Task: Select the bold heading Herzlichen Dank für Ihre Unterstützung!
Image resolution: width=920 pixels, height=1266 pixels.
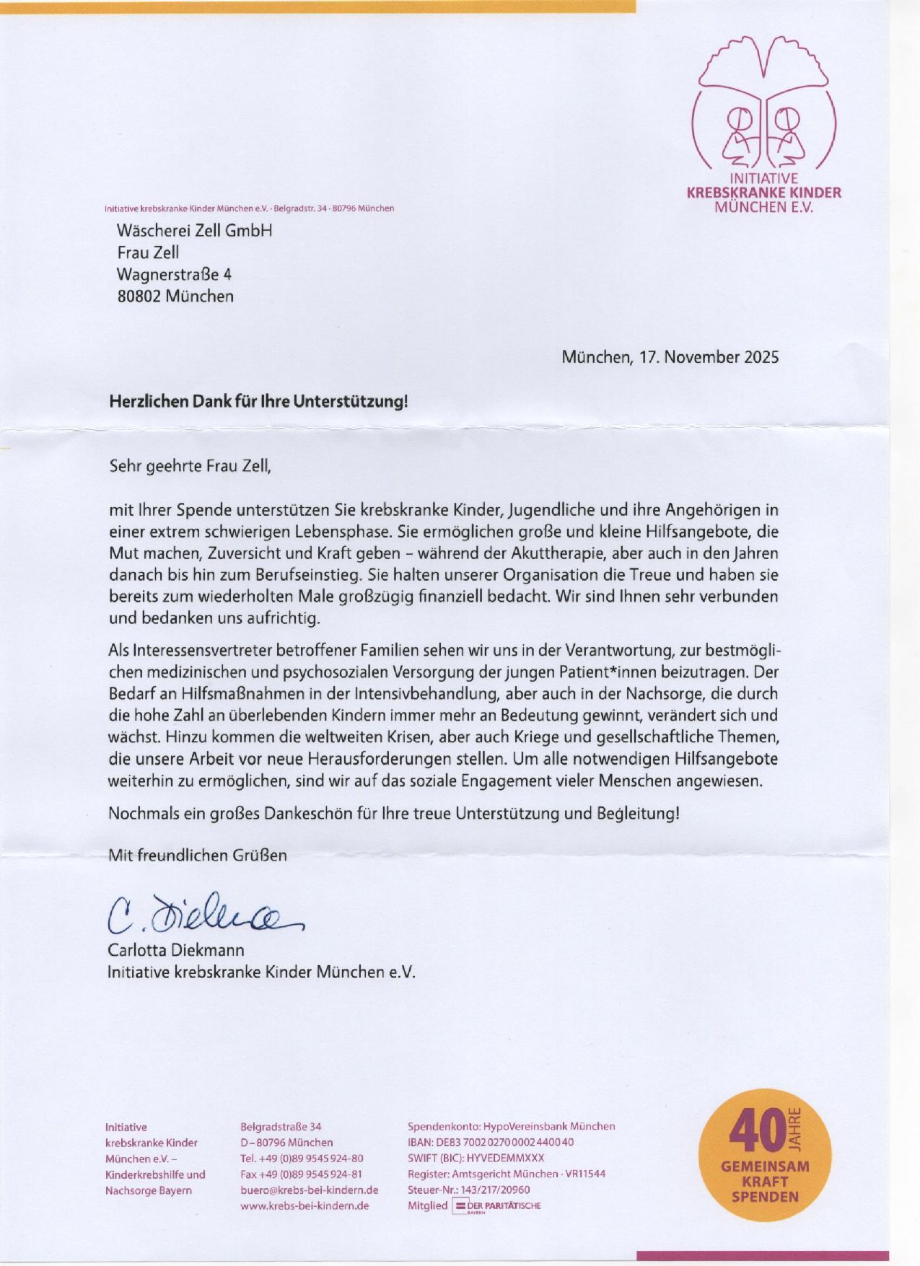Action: tap(258, 401)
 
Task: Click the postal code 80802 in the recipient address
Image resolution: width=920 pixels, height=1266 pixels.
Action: tap(139, 296)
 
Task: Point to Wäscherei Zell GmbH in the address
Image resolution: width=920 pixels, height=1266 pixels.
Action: tap(194, 231)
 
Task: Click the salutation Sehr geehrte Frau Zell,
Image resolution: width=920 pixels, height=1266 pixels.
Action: tap(190, 465)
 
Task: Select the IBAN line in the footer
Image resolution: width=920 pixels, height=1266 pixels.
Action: tap(491, 1142)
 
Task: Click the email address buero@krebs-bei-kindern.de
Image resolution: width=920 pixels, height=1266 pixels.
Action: tap(309, 1190)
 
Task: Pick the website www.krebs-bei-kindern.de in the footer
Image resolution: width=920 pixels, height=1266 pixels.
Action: tap(305, 1205)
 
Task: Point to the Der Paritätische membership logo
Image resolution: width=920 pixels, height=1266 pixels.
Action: tap(496, 1205)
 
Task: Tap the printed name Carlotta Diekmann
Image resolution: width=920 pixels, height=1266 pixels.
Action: tap(176, 949)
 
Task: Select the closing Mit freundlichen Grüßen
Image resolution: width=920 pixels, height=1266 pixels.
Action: tap(197, 855)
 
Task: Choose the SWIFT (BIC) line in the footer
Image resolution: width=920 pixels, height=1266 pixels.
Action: tap(476, 1158)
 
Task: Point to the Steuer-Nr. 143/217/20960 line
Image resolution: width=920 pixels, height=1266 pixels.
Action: tap(468, 1190)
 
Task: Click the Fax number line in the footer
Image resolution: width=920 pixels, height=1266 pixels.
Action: tap(301, 1174)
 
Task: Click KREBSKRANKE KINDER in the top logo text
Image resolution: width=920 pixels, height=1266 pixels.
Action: tap(763, 193)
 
